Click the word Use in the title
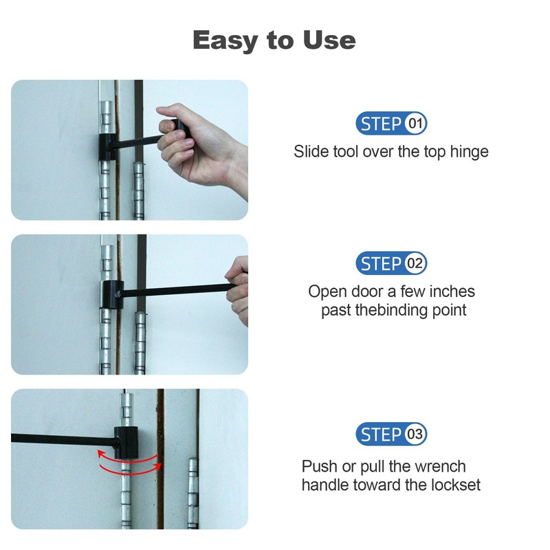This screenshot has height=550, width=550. click(x=327, y=40)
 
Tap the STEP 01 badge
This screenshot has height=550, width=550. click(x=391, y=124)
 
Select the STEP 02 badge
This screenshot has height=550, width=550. click(x=391, y=263)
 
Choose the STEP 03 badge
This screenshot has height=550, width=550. click(x=391, y=434)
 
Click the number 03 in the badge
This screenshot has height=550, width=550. click(x=415, y=434)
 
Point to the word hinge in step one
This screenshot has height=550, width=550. click(x=470, y=151)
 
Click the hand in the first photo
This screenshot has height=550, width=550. click(x=199, y=144)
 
